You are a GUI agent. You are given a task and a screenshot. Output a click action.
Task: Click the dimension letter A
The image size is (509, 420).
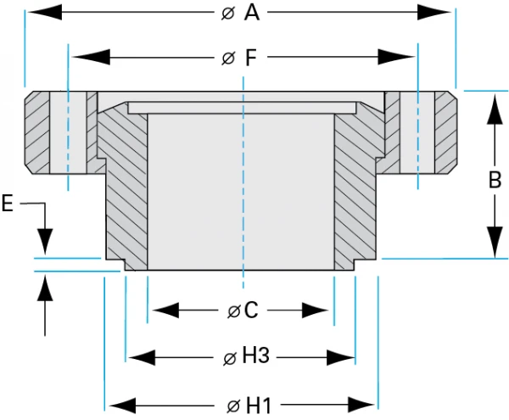coord(252,13)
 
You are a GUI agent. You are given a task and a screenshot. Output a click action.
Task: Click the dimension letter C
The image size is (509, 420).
coord(250,311)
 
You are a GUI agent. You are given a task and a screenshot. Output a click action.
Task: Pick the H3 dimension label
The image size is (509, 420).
coord(255,357)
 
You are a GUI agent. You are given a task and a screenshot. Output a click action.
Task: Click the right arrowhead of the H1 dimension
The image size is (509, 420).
coord(360,403)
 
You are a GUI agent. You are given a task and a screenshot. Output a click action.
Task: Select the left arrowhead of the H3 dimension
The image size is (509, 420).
coord(143,357)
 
